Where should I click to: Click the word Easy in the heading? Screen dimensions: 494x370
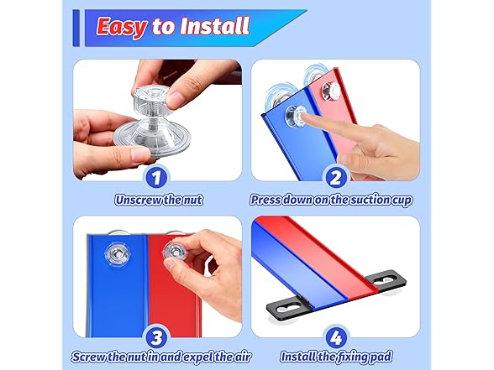[122, 27]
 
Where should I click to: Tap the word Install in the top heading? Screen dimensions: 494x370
[215, 26]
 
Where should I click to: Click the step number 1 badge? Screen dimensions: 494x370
[156, 178]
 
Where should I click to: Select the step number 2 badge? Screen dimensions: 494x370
[335, 178]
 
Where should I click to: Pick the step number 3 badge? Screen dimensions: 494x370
[156, 338]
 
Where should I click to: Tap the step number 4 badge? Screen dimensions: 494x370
[335, 338]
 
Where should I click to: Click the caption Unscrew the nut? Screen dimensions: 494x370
[159, 200]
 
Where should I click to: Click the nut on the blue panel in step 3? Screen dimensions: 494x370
[117, 253]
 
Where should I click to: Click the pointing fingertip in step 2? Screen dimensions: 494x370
[304, 117]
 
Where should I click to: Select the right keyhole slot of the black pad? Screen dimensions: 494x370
[385, 279]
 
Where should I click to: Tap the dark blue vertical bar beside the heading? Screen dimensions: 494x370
[76, 28]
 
